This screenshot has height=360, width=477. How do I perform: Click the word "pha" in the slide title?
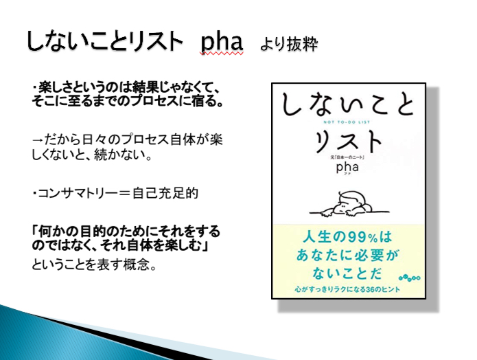point(222,43)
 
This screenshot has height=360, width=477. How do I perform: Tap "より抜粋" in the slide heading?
point(290,44)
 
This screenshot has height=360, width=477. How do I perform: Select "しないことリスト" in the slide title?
point(105,41)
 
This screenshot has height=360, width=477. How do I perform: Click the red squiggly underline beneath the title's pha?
point(222,54)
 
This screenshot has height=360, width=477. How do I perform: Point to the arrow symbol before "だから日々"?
point(38,139)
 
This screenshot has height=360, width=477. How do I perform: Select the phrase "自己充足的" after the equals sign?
point(165,193)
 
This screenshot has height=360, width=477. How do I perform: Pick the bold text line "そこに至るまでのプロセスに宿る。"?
point(128,101)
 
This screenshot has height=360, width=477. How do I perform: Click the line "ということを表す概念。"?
point(94,265)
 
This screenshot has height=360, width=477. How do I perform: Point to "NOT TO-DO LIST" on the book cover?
point(347,122)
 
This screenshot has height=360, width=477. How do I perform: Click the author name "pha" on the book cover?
point(347,167)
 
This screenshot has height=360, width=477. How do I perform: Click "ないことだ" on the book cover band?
point(347,273)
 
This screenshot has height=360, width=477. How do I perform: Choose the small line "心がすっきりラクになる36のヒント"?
point(347,289)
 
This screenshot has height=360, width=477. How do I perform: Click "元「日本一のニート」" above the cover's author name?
point(347,157)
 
